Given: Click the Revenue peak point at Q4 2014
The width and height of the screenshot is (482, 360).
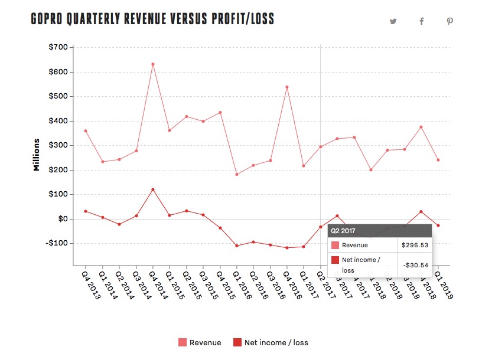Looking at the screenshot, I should point(153,64).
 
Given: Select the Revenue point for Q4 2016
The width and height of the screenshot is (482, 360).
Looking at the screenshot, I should point(287,87).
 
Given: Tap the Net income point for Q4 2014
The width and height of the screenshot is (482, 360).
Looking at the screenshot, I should point(153,189).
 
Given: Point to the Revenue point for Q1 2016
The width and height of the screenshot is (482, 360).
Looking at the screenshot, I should point(237,174).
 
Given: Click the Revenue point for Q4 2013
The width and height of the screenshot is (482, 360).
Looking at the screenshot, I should point(86,131).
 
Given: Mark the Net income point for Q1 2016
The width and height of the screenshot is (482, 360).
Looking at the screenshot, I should point(237,246).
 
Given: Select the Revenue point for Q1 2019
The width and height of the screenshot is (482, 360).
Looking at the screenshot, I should point(438,160).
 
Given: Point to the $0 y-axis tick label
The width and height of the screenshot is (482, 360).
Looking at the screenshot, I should point(62,219).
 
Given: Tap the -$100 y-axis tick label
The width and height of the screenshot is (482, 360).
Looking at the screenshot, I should point(57,243).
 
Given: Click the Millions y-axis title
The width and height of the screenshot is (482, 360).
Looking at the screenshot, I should point(37,155).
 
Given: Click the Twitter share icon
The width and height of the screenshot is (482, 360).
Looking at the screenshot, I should point(393,21).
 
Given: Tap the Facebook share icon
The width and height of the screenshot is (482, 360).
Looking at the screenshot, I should point(422,21).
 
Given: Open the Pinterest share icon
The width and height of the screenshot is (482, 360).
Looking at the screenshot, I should point(450,21).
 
